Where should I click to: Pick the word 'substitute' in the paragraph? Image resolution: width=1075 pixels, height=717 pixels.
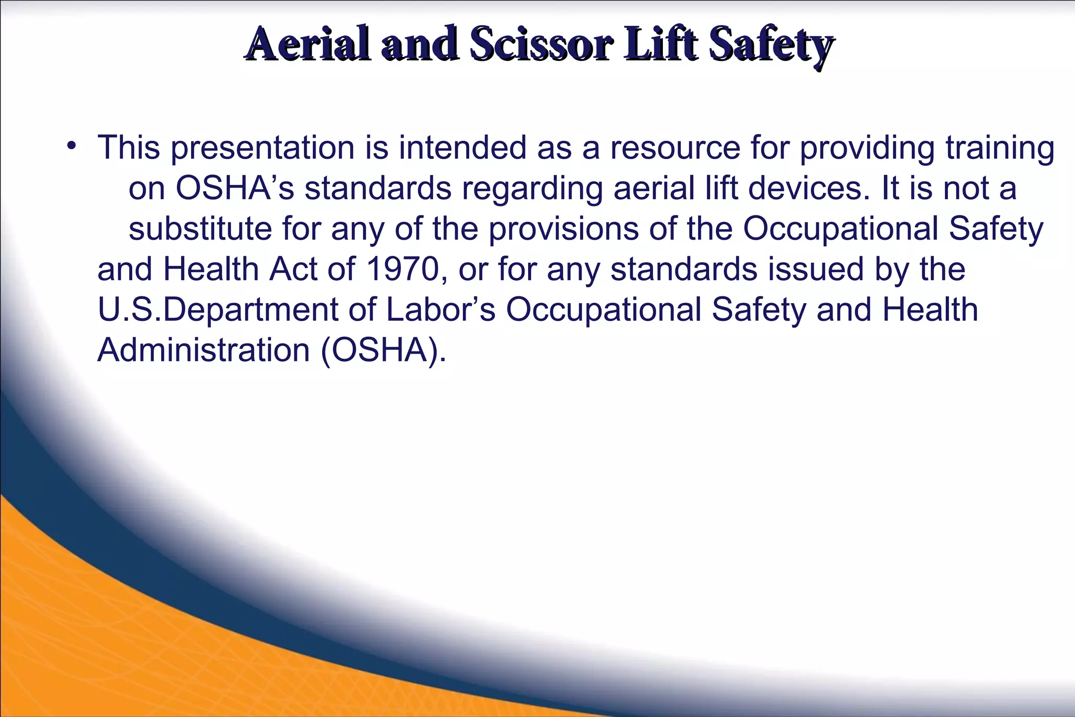pyautogui.click(x=200, y=229)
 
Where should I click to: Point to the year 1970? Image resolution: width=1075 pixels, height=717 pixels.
pyautogui.click(x=402, y=269)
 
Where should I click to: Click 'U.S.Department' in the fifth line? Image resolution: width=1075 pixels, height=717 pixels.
pyautogui.click(x=218, y=310)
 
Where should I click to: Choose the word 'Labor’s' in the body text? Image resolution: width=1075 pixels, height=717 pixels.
pyautogui.click(x=440, y=310)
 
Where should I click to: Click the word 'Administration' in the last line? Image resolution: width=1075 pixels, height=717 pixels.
pyautogui.click(x=204, y=350)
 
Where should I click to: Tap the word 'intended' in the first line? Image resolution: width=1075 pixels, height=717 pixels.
pyautogui.click(x=462, y=148)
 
